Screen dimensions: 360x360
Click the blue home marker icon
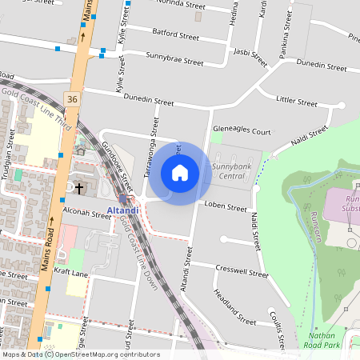[x=180, y=173]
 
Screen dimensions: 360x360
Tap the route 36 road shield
[x=73, y=98]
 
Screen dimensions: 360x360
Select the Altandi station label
[x=122, y=210]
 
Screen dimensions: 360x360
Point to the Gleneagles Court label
[x=242, y=131]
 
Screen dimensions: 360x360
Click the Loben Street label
[x=225, y=206]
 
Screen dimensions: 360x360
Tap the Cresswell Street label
[x=246, y=271]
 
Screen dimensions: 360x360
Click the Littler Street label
[x=296, y=101]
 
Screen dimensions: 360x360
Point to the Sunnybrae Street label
[x=174, y=58]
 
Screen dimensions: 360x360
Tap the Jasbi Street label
[x=249, y=56]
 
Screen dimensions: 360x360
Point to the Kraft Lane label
[x=73, y=274]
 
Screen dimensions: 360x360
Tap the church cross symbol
[x=78, y=189]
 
